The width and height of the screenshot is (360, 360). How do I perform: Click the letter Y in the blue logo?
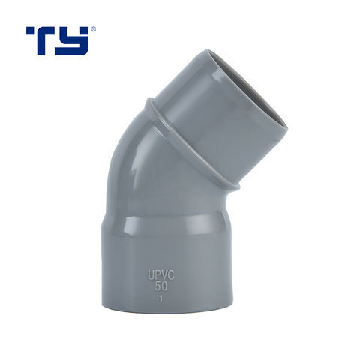[77, 40]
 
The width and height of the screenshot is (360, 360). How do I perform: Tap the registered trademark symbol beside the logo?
[93, 30]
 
